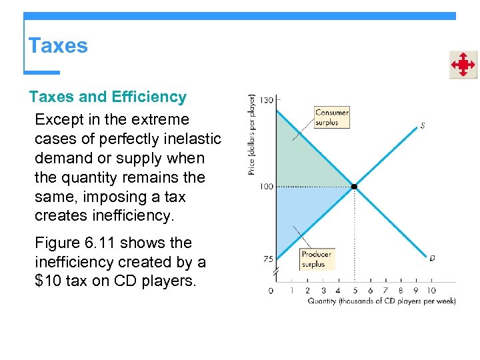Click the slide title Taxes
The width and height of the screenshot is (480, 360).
pyautogui.click(x=58, y=46)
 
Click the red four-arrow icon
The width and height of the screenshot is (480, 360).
pyautogui.click(x=463, y=65)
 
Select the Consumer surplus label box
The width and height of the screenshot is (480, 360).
pyautogui.click(x=331, y=117)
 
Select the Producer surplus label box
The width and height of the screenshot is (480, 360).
pyautogui.click(x=317, y=259)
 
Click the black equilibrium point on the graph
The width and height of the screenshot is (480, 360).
pyautogui.click(x=355, y=187)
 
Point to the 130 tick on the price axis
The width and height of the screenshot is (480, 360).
pyautogui.click(x=266, y=100)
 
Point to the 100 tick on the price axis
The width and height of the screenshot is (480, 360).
pyautogui.click(x=266, y=187)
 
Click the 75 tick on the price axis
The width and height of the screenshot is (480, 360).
pyautogui.click(x=267, y=259)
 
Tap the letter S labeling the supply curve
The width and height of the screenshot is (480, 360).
pyautogui.click(x=423, y=125)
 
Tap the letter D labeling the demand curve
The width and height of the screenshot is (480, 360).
pyautogui.click(x=432, y=257)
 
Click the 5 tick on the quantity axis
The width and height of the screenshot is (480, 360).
pyautogui.click(x=355, y=290)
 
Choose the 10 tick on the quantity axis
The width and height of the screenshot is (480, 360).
pyautogui.click(x=431, y=290)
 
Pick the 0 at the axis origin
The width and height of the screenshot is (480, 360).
pyautogui.click(x=271, y=291)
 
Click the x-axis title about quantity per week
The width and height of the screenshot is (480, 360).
pyautogui.click(x=381, y=301)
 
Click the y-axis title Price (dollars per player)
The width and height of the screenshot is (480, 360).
pyautogui.click(x=252, y=134)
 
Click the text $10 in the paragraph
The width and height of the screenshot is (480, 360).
pyautogui.click(x=49, y=281)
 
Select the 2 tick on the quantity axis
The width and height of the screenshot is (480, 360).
pyautogui.click(x=307, y=290)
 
